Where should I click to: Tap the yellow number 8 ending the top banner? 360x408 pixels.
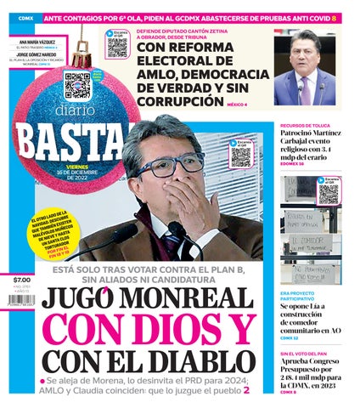coord(334,17)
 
